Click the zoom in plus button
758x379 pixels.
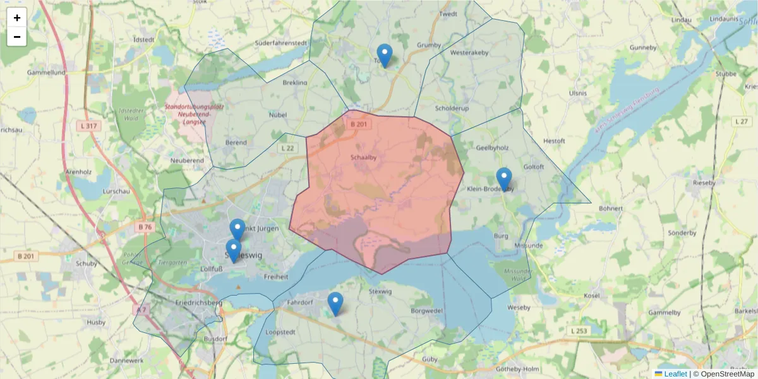pos(17,18)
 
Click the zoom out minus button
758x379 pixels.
pos(17,37)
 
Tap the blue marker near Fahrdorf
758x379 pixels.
pos(335,304)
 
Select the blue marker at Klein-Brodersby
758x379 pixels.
pos(503,179)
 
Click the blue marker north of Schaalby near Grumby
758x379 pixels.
pos(384,56)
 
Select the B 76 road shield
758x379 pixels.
pos(145,227)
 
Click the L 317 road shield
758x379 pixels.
pos(90,126)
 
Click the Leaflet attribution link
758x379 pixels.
pos(675,374)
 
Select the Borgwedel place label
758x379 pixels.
pos(426,311)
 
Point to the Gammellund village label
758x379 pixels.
pos(46,73)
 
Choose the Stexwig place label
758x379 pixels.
pos(380,291)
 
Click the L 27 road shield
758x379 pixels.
pos(742,121)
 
